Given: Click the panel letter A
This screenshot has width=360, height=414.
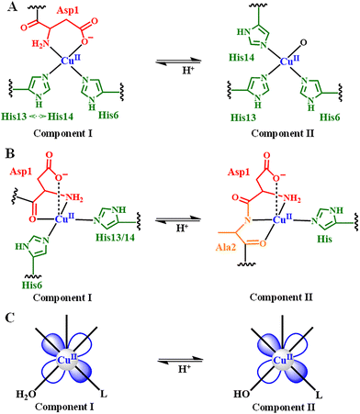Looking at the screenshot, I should pos(8,9).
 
